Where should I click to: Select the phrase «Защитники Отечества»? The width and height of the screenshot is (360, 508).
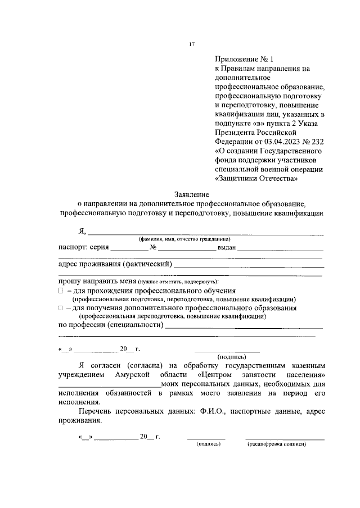coord(256,179)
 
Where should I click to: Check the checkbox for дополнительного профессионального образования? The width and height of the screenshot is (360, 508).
coord(61,308)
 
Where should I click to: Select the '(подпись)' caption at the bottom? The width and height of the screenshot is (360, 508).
coord(208,443)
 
